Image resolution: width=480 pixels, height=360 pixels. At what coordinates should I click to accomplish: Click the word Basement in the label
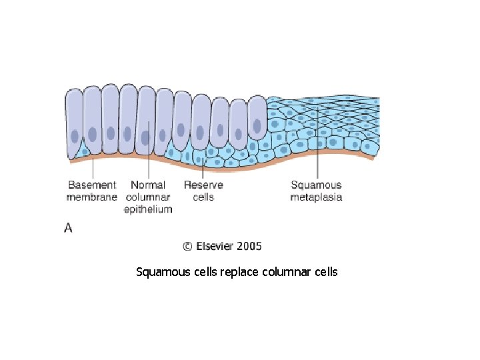(x=92, y=185)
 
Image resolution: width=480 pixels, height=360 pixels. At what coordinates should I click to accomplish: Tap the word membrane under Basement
(x=92, y=197)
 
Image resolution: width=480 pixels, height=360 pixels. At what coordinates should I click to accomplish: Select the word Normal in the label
(x=148, y=185)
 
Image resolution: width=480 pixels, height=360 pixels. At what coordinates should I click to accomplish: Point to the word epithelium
(x=148, y=209)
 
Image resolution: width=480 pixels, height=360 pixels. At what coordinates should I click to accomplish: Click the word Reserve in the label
(x=203, y=185)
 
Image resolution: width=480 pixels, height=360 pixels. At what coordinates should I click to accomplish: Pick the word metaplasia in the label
(x=316, y=197)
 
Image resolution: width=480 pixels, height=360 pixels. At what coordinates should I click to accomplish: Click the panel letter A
(x=68, y=228)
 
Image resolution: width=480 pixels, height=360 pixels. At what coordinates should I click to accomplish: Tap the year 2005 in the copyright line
(x=248, y=246)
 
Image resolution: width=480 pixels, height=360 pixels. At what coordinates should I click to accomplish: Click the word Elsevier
(x=215, y=246)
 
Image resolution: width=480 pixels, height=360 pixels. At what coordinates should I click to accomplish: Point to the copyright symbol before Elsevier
(x=187, y=246)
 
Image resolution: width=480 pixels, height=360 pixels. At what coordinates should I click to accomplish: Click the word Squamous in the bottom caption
(x=159, y=272)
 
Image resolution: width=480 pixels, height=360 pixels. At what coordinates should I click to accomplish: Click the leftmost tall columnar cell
(x=74, y=123)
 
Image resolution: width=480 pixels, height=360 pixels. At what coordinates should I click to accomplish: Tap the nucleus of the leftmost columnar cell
(x=74, y=137)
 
